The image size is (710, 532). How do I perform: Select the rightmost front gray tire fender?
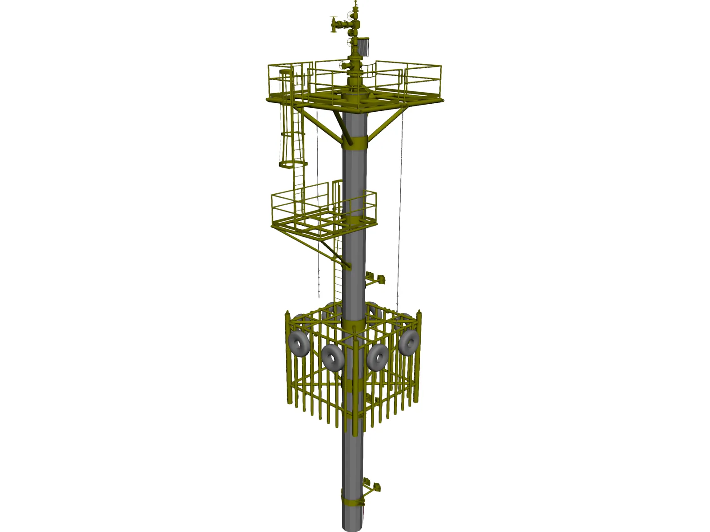409,342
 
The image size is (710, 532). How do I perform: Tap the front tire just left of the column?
332,356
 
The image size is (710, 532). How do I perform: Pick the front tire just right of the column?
379,356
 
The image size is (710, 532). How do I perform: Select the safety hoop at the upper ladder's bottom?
293,165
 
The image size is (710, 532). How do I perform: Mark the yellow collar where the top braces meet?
355,142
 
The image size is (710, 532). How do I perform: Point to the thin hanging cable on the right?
399,208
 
